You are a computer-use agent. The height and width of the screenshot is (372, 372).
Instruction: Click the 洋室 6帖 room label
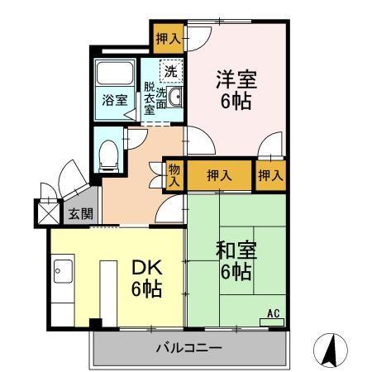236,90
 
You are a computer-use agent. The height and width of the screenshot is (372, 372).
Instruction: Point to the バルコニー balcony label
189,348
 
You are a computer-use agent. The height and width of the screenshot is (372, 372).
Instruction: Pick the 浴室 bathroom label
114,100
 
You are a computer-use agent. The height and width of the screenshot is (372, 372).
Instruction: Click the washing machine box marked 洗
170,72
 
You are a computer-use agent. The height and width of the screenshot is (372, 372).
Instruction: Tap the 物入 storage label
174,174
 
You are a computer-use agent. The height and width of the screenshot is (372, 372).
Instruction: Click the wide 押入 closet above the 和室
218,175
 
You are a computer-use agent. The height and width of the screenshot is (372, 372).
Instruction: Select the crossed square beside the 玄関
45,212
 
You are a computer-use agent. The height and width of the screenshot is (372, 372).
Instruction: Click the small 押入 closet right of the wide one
270,175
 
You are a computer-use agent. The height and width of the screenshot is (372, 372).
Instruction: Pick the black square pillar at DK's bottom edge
95,322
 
